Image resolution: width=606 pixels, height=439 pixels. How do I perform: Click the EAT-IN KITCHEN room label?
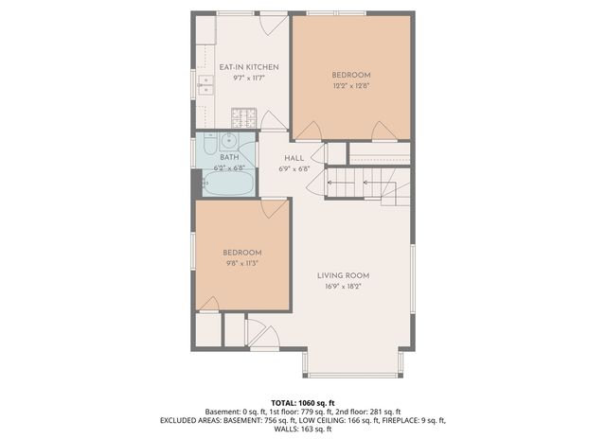coord(249,67)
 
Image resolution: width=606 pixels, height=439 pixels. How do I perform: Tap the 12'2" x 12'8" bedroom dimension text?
coord(350,85)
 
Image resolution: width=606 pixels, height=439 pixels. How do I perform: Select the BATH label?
coord(229,157)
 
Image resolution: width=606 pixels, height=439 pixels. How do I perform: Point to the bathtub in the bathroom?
coord(227,183)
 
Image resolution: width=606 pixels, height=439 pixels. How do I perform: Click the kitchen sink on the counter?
coord(205,85)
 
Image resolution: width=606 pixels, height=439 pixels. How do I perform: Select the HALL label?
coord(294,158)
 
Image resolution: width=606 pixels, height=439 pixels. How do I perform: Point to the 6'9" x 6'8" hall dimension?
coord(294,168)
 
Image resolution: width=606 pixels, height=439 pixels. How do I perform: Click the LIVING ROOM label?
coord(344,275)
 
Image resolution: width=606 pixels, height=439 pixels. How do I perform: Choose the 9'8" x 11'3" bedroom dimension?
coord(241,263)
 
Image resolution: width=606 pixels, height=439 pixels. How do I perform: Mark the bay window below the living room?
coord(352,364)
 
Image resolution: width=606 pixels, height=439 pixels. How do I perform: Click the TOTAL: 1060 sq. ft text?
coord(303,402)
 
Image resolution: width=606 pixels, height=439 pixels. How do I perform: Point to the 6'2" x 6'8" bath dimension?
coord(230,167)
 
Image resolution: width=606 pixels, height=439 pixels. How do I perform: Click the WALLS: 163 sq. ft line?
coord(303,430)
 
